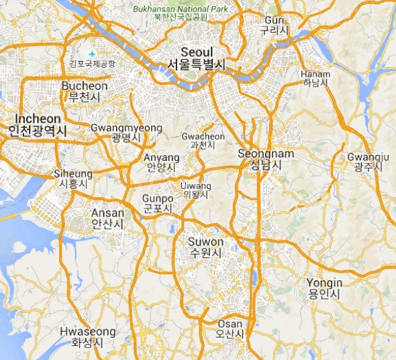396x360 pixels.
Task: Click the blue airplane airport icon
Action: click(x=92, y=53)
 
